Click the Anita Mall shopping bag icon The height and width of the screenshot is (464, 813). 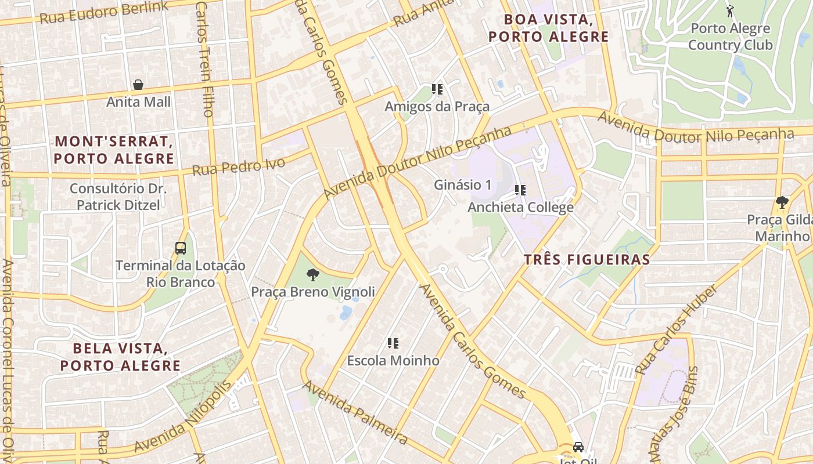pos(138,85)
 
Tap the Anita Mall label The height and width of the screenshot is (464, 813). pos(138,102)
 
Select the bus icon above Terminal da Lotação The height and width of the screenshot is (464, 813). pos(181,248)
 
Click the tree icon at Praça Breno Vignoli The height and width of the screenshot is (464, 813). pos(313,275)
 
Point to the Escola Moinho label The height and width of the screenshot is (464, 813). pos(393,360)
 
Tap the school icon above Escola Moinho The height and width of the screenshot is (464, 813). pos(393,343)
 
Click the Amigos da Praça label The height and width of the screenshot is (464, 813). pos(437,107)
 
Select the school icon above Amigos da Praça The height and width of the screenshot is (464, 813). pos(437,89)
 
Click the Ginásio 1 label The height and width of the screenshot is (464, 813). pos(463,185)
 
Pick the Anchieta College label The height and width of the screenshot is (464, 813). pos(520,207)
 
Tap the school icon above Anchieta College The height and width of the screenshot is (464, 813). pos(520,190)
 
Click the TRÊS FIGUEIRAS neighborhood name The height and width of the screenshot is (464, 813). pos(587,259)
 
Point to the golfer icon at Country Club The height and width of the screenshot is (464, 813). pos(730,10)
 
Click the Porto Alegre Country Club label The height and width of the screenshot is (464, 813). pos(731,37)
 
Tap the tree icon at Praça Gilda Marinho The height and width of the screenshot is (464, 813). pos(782,202)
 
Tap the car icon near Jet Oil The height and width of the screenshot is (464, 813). pos(578,447)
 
